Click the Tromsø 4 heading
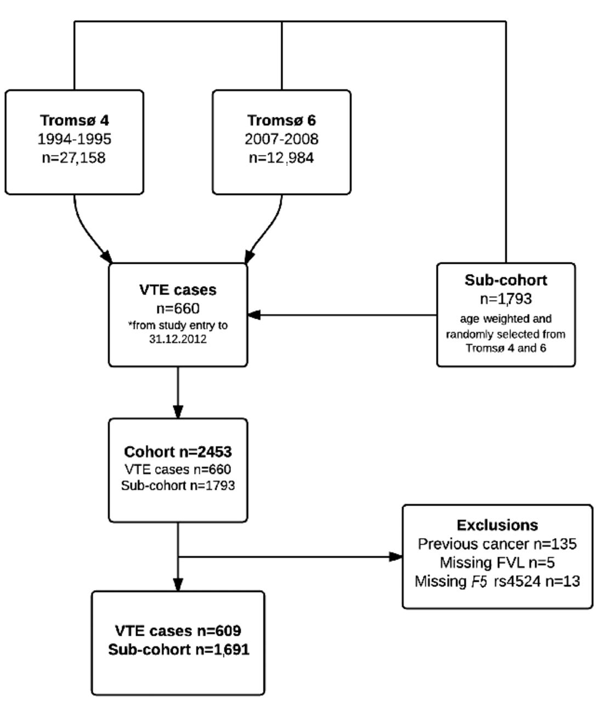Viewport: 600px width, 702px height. click(74, 120)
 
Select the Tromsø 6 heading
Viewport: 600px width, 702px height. click(281, 120)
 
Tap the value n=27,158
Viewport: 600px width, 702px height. click(74, 158)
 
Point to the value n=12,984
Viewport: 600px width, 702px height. click(281, 158)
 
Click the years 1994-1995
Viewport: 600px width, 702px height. click(74, 139)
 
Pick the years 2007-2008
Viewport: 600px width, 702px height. click(281, 139)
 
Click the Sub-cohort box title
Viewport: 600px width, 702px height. click(506, 280)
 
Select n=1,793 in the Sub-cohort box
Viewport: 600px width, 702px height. click(506, 299)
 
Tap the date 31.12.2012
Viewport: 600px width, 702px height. click(178, 339)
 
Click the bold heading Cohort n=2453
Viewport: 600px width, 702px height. click(178, 452)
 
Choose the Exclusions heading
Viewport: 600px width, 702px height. click(497, 525)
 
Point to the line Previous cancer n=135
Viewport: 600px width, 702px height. click(497, 544)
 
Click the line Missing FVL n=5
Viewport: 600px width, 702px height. click(497, 563)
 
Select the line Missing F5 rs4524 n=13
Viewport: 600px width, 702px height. click(497, 581)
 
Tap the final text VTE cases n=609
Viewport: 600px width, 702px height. click(178, 631)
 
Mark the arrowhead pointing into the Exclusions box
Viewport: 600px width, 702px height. click(396, 557)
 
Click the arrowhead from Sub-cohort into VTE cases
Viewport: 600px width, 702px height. click(254, 315)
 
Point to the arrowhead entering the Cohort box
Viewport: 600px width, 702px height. click(178, 412)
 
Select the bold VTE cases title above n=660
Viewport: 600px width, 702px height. click(178, 290)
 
